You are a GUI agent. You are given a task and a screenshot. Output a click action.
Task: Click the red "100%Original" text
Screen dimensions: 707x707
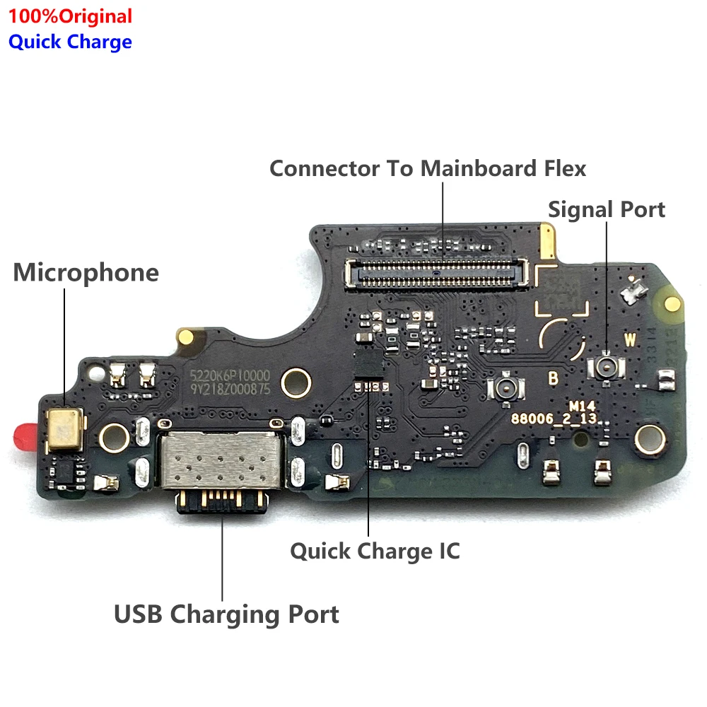click(70, 16)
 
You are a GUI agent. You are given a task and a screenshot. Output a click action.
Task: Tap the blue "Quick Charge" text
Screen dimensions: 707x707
click(70, 42)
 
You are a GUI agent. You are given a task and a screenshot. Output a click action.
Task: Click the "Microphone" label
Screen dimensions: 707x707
click(86, 273)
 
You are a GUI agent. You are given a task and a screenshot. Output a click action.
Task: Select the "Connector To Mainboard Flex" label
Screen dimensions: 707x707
click(428, 169)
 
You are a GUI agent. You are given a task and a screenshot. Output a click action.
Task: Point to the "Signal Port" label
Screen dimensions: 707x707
click(607, 209)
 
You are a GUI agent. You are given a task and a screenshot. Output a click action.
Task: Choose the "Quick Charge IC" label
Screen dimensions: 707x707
click(375, 551)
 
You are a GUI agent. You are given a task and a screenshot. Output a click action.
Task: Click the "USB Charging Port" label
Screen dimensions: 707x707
click(226, 614)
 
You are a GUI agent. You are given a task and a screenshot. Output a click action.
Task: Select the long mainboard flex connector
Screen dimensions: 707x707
click(436, 273)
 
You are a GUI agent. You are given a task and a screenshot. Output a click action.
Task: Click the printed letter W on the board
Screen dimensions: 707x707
click(630, 340)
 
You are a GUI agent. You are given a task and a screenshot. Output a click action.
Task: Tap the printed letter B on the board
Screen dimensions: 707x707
click(554, 378)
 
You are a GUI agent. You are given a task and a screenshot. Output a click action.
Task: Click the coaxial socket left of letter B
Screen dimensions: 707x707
click(508, 386)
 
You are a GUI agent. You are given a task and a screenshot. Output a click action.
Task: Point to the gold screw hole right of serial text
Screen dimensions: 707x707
click(296, 382)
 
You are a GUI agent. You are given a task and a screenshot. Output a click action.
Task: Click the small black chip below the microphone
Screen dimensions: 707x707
click(65, 472)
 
